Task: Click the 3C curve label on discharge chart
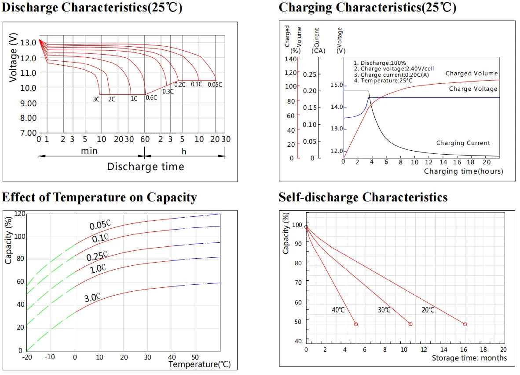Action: tap(96, 99)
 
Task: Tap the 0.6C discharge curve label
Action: tap(151, 97)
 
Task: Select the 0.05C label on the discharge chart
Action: tap(215, 85)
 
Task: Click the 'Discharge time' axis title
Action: tap(145, 167)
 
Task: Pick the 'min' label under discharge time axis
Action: tap(89, 151)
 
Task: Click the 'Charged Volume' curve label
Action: tap(471, 74)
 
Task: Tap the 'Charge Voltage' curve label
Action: tap(473, 89)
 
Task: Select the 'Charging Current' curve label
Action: tap(463, 143)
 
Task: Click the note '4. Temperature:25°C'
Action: tap(383, 81)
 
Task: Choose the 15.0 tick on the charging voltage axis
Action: tap(336, 85)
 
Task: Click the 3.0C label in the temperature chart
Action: tap(93, 298)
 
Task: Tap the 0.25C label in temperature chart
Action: tap(97, 256)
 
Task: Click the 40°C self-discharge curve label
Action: tap(338, 310)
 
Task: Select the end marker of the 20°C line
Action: tap(465, 324)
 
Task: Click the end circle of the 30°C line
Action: tap(410, 324)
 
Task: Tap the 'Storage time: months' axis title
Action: tap(469, 358)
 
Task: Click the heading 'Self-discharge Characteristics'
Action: tap(363, 197)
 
